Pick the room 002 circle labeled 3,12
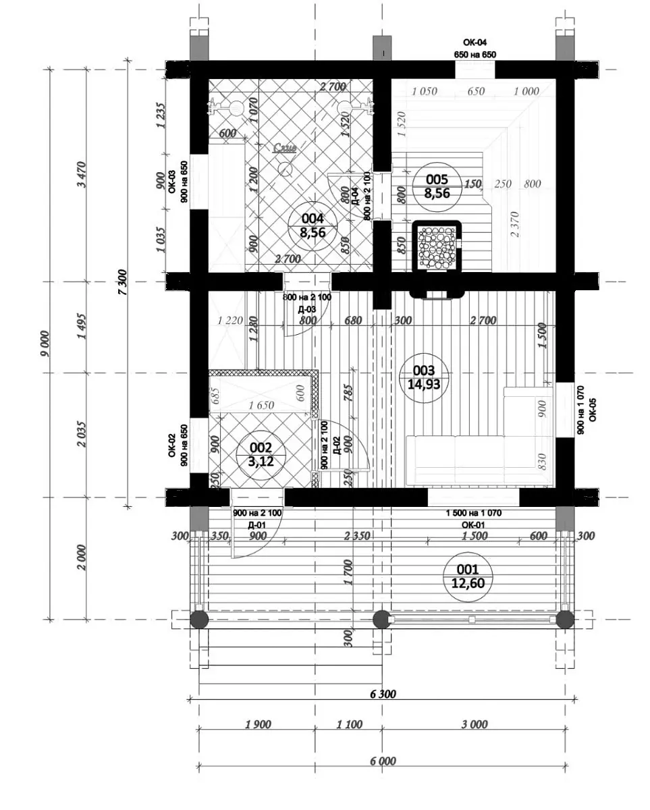coord(261,454)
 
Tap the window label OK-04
coord(475,43)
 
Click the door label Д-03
coord(307,308)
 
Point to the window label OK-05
coord(592,410)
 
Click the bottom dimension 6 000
coord(383,761)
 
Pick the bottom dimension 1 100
coord(348,724)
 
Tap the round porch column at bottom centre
coord(381,618)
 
